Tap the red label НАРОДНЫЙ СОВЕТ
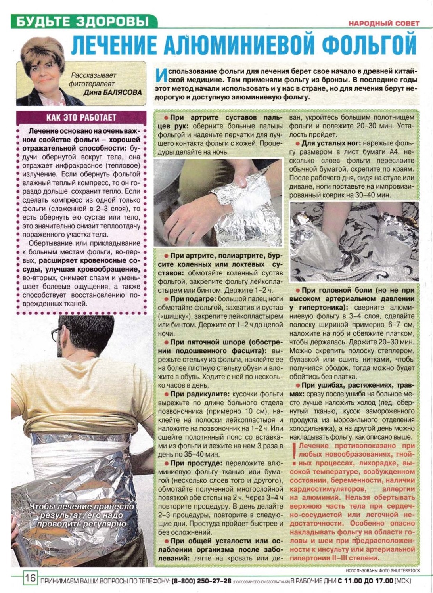pyautogui.click(x=384, y=23)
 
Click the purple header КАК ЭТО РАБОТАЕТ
pyautogui.click(x=81, y=117)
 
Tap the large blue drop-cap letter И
pyautogui.click(x=161, y=75)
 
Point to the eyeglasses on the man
pyautogui.click(x=56, y=334)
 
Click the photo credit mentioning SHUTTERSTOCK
pyautogui.click(x=383, y=571)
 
